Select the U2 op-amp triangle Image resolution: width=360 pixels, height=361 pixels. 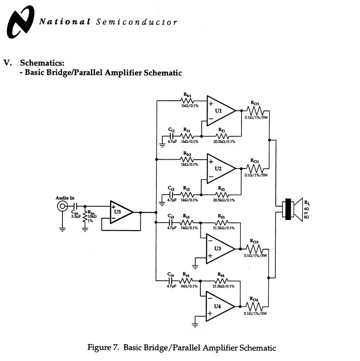pyautogui.click(x=220, y=168)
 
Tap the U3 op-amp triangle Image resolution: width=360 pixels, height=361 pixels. pyautogui.click(x=220, y=248)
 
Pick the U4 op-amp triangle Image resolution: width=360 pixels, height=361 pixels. pyautogui.click(x=220, y=306)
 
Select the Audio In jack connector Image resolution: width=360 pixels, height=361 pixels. pyautogui.click(x=62, y=206)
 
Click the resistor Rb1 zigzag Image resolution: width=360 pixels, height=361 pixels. pyautogui.click(x=186, y=101)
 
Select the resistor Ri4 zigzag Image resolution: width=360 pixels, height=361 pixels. pyautogui.click(x=186, y=280)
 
